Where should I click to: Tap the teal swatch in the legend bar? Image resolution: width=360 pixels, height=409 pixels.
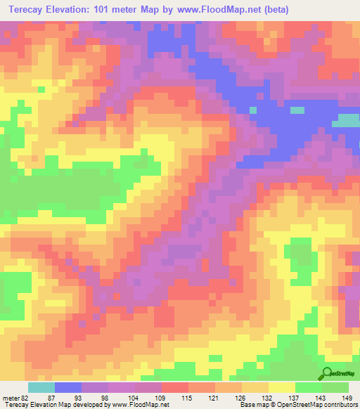pos(41,387)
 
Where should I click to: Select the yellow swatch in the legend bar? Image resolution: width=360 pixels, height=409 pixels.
pos(281,387)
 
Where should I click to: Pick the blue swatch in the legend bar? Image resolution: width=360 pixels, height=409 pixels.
pos(67,387)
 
